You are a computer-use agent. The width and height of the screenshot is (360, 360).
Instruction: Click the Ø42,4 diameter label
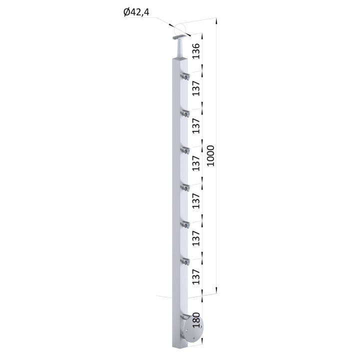pyautogui.click(x=136, y=12)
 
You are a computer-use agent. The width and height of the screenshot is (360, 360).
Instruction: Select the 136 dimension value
pyautogui.click(x=196, y=51)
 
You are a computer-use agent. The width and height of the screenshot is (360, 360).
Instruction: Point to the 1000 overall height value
pyautogui.click(x=210, y=155)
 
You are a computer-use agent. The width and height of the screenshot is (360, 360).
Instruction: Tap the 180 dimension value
pyautogui.click(x=196, y=320)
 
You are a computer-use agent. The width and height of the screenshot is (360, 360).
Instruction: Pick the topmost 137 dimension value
pyautogui.click(x=196, y=88)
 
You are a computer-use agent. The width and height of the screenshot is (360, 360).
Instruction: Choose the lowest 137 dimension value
pyautogui.click(x=196, y=276)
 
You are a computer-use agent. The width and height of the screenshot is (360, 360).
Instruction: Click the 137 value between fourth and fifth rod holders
pyautogui.click(x=196, y=201)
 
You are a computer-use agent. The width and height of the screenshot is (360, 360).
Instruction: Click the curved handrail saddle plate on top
pyautogui.click(x=179, y=37)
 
